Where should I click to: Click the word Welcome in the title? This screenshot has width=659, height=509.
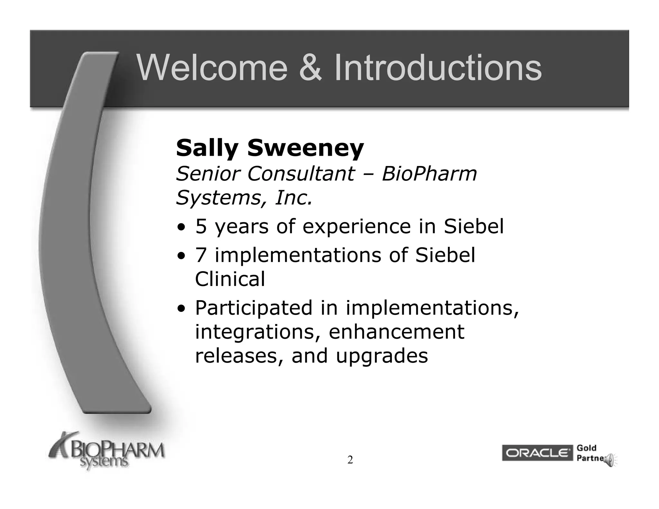pos(212,68)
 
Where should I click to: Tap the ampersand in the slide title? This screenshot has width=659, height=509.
pos(310,68)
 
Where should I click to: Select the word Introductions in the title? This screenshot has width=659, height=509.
pos(438,68)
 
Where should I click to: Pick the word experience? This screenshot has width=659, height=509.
pos(357,227)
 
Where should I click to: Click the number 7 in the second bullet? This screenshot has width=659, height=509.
pos(201,255)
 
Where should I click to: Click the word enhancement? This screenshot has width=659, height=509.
pos(396,332)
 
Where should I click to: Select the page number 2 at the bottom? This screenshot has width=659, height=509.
pos(350,460)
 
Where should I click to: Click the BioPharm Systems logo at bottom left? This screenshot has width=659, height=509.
pos(106,451)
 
